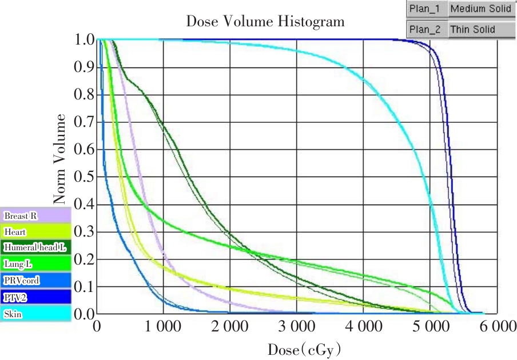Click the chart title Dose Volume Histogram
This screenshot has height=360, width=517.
(265, 22)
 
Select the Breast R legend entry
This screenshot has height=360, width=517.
(36, 216)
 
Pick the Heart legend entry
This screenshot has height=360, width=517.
(36, 232)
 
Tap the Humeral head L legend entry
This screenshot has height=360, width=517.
(36, 247)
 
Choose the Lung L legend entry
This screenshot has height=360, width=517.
(36, 264)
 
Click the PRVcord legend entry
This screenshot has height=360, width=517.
(36, 281)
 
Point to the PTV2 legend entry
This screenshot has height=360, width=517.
(36, 297)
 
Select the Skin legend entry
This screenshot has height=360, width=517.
(36, 314)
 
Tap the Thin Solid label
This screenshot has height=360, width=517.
(473, 29)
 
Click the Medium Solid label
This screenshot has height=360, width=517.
(480, 9)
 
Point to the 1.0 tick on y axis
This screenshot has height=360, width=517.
(84, 40)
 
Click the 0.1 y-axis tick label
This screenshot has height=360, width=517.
(84, 287)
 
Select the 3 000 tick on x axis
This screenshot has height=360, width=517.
(297, 327)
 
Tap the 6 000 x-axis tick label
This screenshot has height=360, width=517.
(496, 327)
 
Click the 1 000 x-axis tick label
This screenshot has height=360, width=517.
(164, 327)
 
